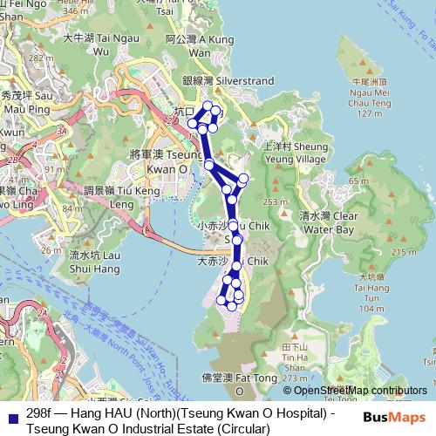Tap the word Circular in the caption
point(232,427)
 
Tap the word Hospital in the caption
point(297,412)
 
